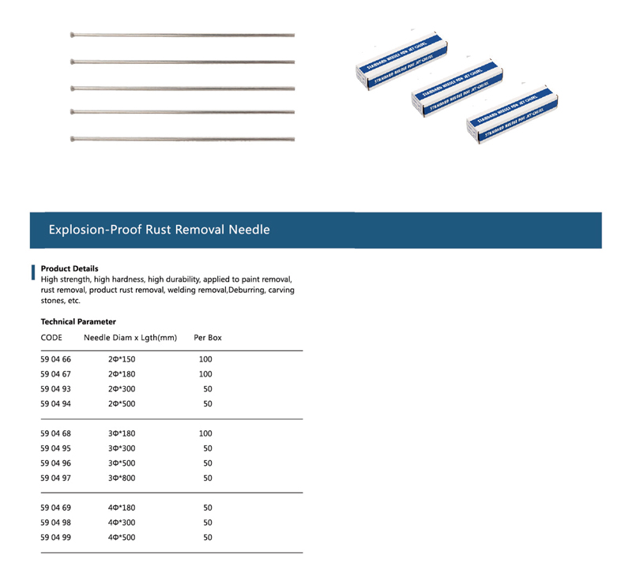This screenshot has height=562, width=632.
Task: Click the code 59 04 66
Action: click(x=56, y=359)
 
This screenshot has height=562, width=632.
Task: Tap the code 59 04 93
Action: click(x=56, y=389)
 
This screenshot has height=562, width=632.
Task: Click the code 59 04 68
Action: click(x=56, y=433)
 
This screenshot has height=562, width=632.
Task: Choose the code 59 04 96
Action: click(x=56, y=463)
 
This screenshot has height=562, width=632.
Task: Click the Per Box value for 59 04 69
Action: click(x=208, y=508)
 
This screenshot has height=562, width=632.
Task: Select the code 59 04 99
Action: click(x=56, y=538)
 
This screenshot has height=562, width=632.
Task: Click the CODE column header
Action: click(x=52, y=338)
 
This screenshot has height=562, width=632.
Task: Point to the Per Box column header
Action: click(x=208, y=338)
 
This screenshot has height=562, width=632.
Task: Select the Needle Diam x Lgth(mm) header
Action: click(x=130, y=338)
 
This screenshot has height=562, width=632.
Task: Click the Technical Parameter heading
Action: click(x=78, y=321)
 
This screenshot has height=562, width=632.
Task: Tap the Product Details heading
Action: click(x=70, y=268)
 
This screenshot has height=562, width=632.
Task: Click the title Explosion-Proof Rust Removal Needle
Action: click(x=159, y=230)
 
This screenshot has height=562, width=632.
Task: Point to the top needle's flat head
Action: click(x=73, y=35)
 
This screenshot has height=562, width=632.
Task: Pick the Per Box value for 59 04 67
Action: click(x=205, y=374)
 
